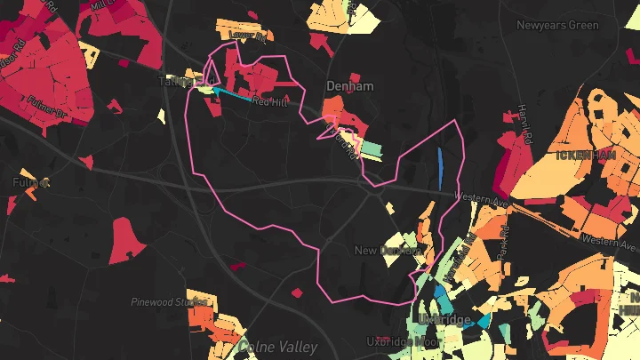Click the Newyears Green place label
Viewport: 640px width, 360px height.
coord(557,25)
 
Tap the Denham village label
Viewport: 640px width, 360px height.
coord(349,86)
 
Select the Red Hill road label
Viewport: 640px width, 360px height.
coord(270,101)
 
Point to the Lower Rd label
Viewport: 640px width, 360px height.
coord(248,36)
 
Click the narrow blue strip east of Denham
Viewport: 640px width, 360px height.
coord(440,169)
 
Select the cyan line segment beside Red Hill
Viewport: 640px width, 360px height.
coord(233,95)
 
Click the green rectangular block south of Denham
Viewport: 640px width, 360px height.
coord(371,149)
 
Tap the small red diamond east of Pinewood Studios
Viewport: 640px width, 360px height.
coord(298,292)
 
